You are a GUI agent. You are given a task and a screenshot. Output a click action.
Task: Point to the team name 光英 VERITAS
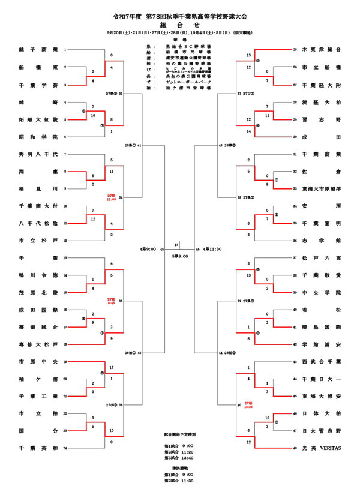coord(322,448)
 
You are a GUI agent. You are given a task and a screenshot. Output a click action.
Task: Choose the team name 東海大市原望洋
coord(322,189)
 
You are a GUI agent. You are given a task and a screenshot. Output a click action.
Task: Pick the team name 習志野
coord(322,119)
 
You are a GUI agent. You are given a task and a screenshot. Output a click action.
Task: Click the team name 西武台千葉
coord(322,362)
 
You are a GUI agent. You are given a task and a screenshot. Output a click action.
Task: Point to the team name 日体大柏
coord(322,413)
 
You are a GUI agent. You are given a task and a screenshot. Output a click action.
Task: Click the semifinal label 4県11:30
coord(213,248)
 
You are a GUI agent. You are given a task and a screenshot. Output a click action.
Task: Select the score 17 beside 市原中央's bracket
coord(112,366)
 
